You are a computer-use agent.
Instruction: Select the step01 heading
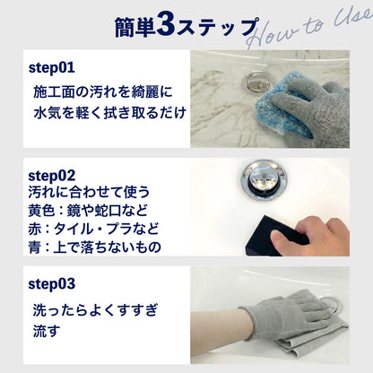click(x=52, y=68)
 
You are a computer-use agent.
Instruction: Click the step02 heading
click(x=52, y=176)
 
